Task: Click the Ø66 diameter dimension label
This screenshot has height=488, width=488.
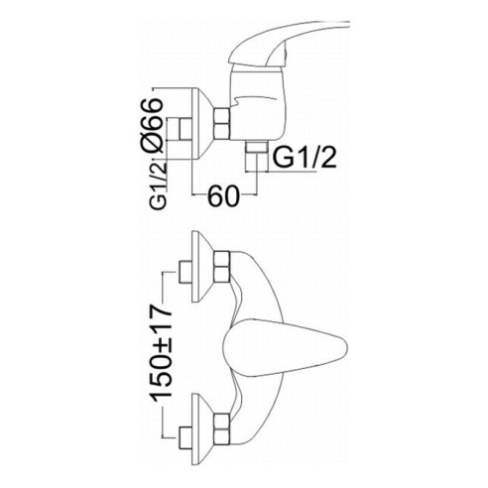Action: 152,125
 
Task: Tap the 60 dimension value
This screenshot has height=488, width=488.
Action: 223,195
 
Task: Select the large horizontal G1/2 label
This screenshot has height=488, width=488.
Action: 305,158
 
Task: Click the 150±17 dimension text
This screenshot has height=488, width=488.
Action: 161,351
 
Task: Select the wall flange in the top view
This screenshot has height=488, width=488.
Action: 201,124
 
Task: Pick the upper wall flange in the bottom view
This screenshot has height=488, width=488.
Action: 202,267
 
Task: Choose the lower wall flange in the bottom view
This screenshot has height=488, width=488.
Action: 202,429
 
